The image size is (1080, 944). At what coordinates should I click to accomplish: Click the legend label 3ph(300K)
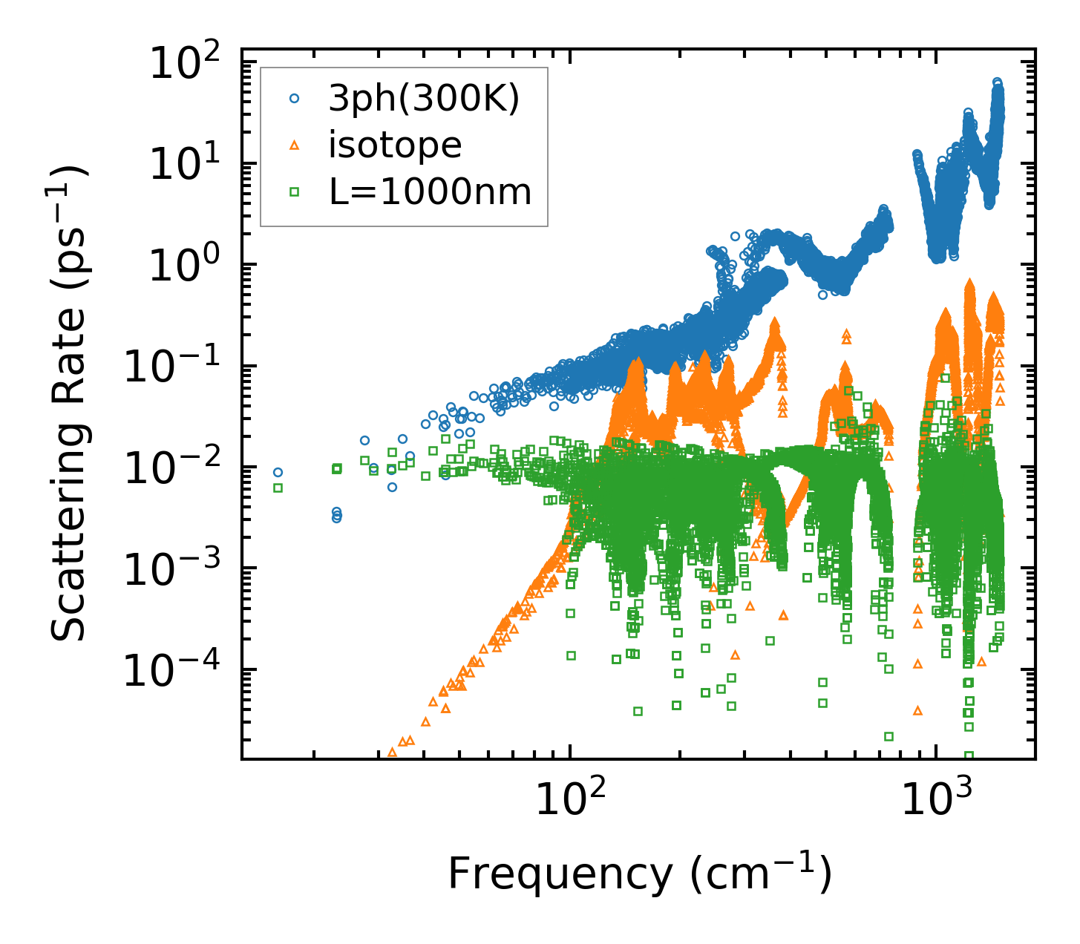point(423,99)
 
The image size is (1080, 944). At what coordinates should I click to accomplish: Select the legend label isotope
point(395,145)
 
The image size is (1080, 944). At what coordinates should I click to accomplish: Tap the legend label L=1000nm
point(430,192)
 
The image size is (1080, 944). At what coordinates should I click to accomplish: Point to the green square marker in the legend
point(295,192)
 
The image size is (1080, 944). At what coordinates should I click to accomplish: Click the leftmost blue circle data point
point(278,472)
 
